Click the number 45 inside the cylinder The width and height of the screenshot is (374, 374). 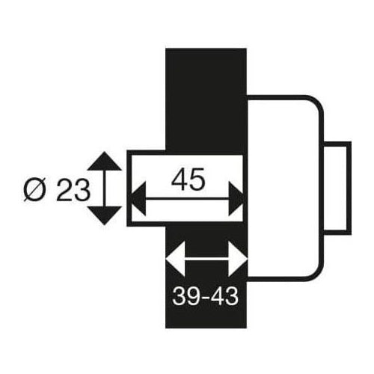tap(188, 179)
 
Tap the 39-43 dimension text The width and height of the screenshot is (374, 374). tap(205, 296)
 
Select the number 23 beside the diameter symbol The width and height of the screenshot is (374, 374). tap(73, 189)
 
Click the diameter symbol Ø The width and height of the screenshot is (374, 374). tap(35, 190)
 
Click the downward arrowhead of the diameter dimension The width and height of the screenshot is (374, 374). tap(104, 215)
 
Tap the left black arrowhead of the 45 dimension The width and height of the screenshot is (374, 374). tap(138, 199)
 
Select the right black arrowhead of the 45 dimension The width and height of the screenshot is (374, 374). tap(236, 199)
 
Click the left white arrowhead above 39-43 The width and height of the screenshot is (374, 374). tap(176, 259)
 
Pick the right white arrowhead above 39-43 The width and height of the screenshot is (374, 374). tap(237, 259)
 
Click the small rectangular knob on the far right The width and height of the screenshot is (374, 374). tap(337, 188)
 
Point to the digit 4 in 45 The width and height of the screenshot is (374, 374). tap(180, 179)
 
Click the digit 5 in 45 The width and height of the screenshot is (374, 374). tap(197, 179)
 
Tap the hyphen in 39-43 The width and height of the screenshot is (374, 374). tap(205, 298)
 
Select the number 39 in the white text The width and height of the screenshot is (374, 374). tap(186, 296)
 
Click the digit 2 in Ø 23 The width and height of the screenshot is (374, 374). tap(65, 189)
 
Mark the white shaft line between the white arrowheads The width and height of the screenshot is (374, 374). tap(206, 259)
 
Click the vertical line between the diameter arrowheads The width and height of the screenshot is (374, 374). tap(104, 188)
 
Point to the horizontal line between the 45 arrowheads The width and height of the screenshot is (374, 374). tap(187, 199)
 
